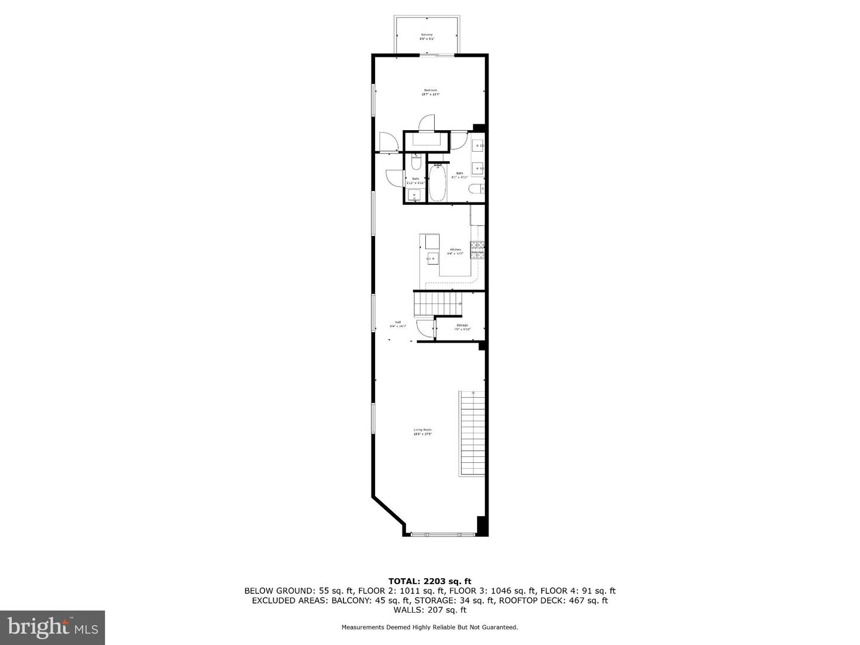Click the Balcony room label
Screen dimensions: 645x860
pos(427,36)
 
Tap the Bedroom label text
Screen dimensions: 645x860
pos(430,92)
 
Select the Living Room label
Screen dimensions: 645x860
pos(422,432)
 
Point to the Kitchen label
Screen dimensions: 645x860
pos(456,251)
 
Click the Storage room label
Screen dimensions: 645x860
pos(462,327)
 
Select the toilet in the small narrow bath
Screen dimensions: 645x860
pos(416,161)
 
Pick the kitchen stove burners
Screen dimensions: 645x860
pos(477,250)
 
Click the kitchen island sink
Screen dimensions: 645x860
pos(432,258)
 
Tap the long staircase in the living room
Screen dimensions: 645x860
pos(472,433)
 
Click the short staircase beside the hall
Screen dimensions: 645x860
pos(438,303)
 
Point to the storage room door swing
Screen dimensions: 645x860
pos(425,329)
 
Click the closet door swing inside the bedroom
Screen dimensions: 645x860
pos(427,122)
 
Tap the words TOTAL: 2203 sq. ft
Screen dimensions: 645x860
pos(429,580)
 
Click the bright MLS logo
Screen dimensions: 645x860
pos(52,627)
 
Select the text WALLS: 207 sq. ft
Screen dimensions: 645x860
pos(429,610)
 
